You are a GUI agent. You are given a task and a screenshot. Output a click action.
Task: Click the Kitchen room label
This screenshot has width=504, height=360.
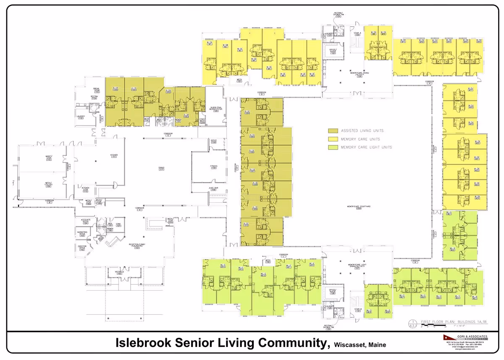coord(114,155)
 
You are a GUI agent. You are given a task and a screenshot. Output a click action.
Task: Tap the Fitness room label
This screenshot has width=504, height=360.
coord(213,167)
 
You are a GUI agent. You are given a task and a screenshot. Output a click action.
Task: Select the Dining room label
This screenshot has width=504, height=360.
coord(161,168)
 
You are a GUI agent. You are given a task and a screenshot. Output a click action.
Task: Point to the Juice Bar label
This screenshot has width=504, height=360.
coord(213,189)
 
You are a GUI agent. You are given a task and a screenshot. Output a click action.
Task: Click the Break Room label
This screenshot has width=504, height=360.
coord(96,89)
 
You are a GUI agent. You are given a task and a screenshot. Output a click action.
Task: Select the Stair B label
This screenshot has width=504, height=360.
coord(357,310)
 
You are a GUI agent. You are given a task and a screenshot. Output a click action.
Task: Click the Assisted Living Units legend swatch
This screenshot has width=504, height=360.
coord(332,131)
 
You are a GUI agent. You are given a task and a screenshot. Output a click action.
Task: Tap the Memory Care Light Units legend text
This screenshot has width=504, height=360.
coord(366,147)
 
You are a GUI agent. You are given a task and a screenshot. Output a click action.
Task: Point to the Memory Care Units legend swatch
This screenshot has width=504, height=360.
coord(332,139)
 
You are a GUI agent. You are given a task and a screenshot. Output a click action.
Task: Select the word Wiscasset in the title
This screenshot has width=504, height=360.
coord(349,345)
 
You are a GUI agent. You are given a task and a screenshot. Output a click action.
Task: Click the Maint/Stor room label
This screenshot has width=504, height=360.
coord(48,158)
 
